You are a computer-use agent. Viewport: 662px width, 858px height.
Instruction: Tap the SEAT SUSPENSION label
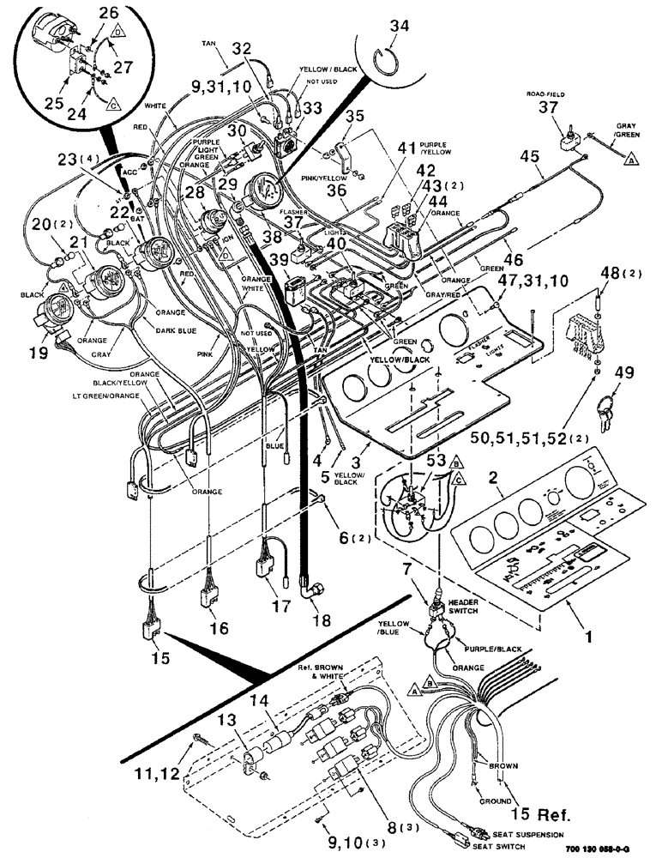pyautogui.click(x=534, y=835)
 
